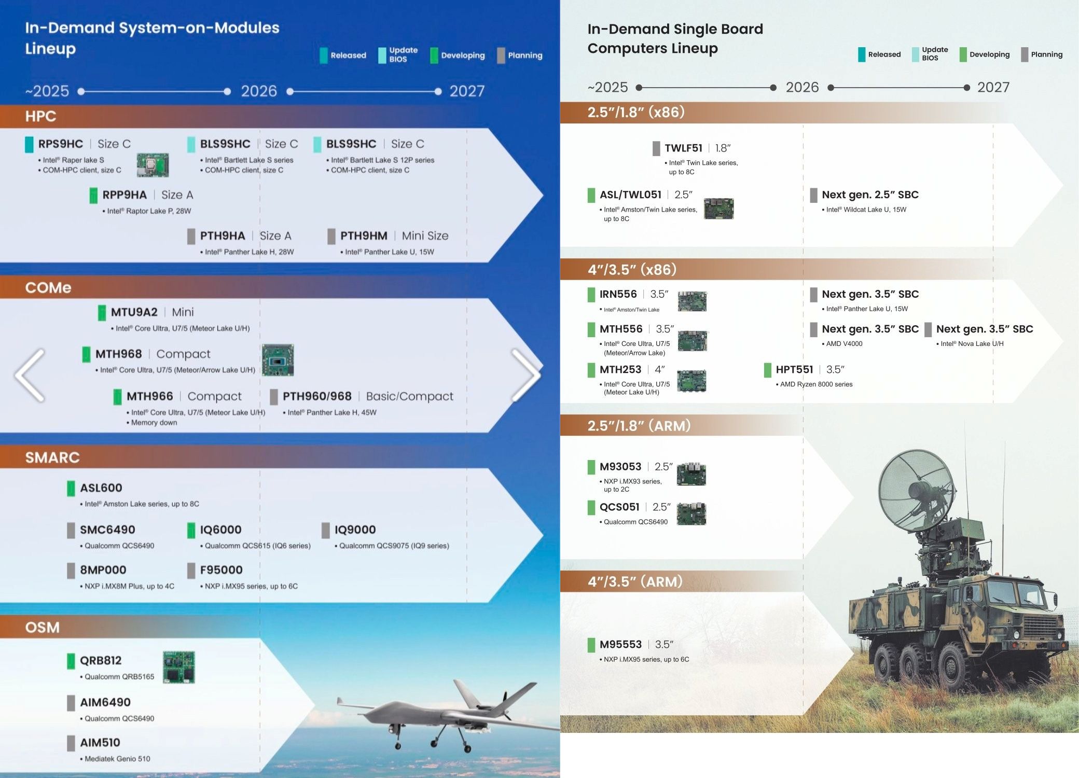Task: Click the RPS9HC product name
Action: coord(61,144)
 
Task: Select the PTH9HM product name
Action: coord(364,236)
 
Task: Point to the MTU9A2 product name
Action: coord(134,312)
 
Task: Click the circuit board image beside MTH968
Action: coord(278,360)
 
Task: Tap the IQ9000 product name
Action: coord(355,530)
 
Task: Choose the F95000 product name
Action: coord(222,570)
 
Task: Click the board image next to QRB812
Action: coord(178,667)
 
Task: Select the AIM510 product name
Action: coord(100,743)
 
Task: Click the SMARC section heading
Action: coord(52,457)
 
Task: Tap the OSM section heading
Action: coord(43,628)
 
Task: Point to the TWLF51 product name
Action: coord(684,148)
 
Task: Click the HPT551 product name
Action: coord(794,370)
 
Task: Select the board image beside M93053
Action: coord(691,474)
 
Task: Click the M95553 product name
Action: coord(620,645)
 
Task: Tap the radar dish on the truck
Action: coord(916,490)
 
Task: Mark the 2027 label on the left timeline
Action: coord(467,91)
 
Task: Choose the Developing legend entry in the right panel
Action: coord(985,54)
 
